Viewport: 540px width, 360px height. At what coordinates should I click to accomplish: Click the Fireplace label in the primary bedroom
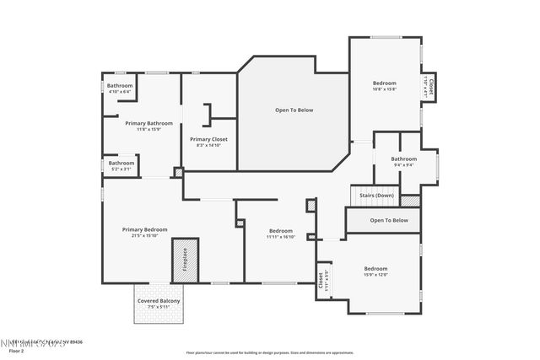pos(185,261)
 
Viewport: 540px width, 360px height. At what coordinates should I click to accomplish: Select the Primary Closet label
pos(208,139)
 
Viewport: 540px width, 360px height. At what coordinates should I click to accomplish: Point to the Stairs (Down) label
pos(377,195)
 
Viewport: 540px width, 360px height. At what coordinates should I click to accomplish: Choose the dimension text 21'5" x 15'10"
pos(144,236)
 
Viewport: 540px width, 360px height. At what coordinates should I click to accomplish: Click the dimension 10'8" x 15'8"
pos(385,89)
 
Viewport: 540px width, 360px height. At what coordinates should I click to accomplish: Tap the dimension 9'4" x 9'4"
pos(403,165)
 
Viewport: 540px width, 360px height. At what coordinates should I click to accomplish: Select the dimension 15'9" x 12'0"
pos(375,275)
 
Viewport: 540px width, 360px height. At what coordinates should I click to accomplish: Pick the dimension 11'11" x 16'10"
pos(281,237)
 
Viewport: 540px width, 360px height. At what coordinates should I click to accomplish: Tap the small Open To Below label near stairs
pos(389,220)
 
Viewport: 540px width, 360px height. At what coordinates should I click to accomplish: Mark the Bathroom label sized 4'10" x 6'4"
pos(120,91)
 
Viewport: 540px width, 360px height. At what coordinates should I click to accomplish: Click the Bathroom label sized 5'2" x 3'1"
pos(121,169)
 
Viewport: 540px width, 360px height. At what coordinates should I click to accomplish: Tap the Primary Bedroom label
pos(144,229)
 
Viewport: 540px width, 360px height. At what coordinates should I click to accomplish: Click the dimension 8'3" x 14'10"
pos(208,145)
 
